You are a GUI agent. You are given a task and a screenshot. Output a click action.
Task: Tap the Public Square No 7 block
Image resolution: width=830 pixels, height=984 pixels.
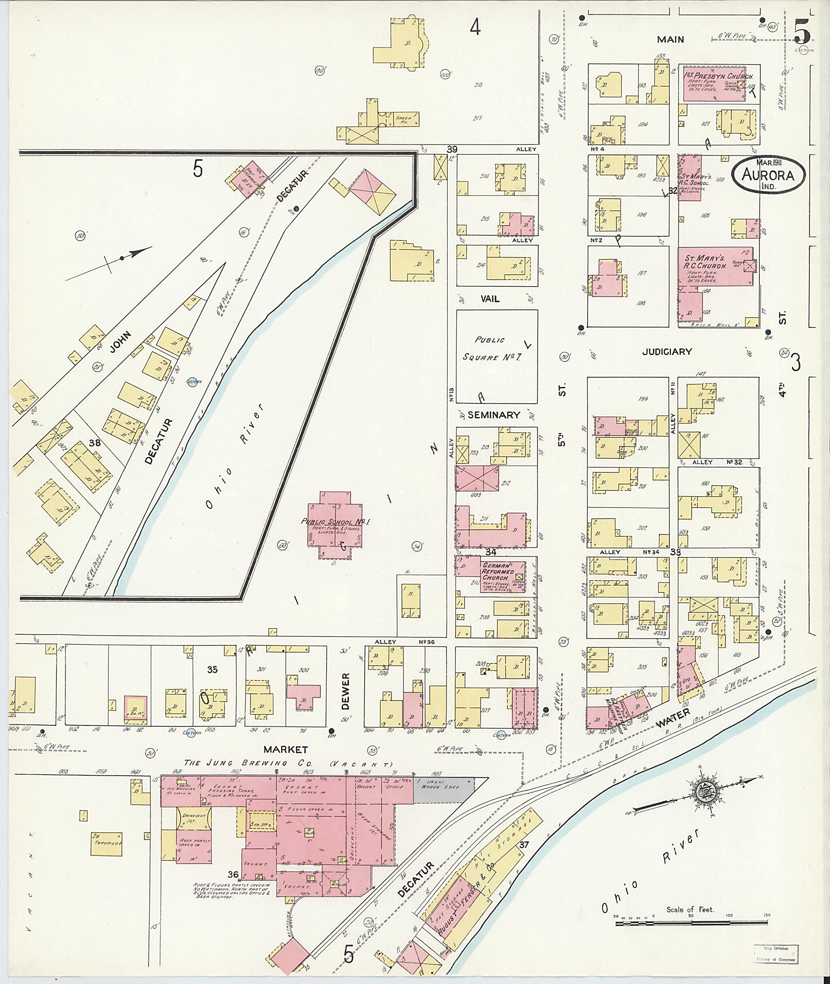[x=496, y=356]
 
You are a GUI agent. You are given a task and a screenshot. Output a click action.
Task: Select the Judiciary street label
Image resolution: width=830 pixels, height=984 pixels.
[x=667, y=351]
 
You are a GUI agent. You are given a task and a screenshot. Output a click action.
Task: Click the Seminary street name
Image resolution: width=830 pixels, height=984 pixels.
[x=494, y=415]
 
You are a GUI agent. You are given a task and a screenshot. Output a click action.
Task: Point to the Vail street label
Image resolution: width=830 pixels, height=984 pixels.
[x=490, y=299]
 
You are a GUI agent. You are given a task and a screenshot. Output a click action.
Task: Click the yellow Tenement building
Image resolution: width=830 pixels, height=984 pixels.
[x=106, y=843]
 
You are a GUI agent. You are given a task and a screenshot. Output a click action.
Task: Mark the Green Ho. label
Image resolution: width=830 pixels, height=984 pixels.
[x=404, y=119]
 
